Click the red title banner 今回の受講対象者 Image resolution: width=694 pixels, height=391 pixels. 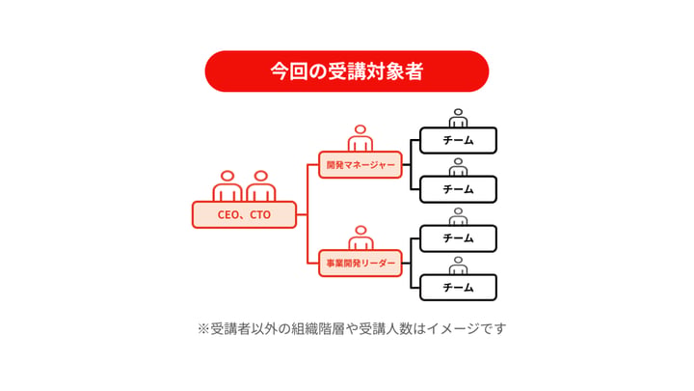[347, 70]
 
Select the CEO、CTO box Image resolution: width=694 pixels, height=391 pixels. [244, 214]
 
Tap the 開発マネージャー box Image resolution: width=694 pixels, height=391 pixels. [360, 165]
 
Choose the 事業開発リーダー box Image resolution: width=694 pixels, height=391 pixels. [360, 264]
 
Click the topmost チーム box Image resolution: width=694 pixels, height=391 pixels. [458, 141]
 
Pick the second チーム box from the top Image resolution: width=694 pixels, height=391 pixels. [458, 189]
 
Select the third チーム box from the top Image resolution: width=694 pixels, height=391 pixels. [458, 238]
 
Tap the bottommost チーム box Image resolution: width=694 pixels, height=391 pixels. [458, 288]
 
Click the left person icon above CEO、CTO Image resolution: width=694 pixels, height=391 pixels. [227, 186]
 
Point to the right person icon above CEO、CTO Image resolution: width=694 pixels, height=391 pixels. [260, 186]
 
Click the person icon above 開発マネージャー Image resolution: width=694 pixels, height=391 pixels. [360, 138]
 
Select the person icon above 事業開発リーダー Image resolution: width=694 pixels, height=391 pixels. [360, 238]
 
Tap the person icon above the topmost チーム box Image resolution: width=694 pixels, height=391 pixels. [458, 119]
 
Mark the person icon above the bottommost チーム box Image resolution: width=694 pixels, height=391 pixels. [458, 265]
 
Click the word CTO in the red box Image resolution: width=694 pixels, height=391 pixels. [260, 215]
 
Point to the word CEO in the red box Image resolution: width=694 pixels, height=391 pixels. [227, 215]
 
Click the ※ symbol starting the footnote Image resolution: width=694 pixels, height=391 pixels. [203, 329]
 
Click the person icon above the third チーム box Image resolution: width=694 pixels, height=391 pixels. [458, 217]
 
